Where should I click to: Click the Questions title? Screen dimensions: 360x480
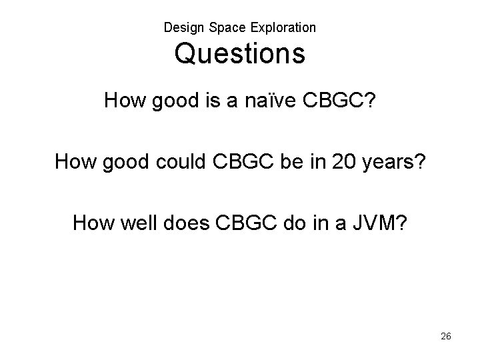coord(240,54)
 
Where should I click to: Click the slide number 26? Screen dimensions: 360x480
coord(446,337)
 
